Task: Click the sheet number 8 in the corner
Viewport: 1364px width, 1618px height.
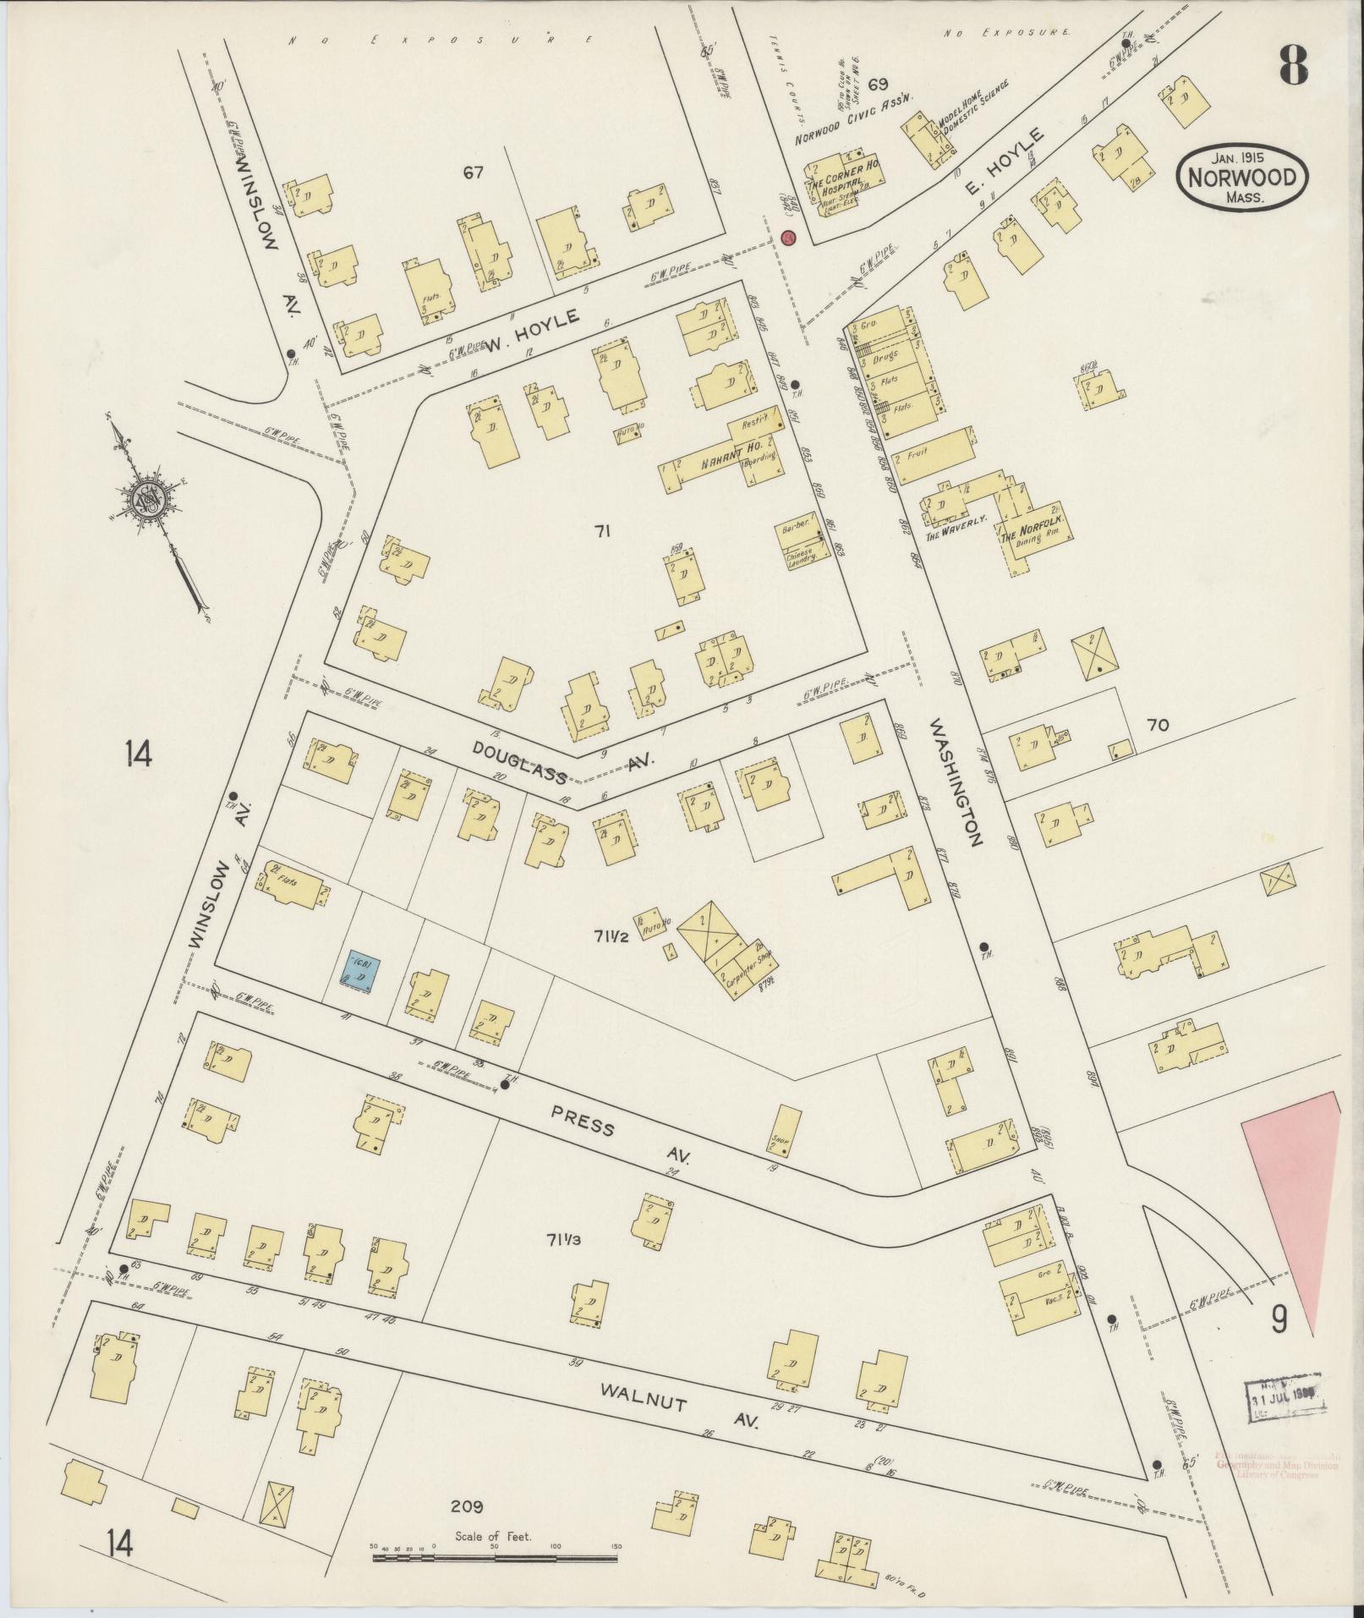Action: point(1294,64)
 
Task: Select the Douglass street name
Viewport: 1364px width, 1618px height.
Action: point(519,762)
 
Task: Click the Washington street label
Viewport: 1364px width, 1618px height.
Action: point(956,782)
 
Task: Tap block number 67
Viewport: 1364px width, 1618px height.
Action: point(473,173)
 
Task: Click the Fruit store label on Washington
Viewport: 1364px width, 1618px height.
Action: point(918,452)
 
